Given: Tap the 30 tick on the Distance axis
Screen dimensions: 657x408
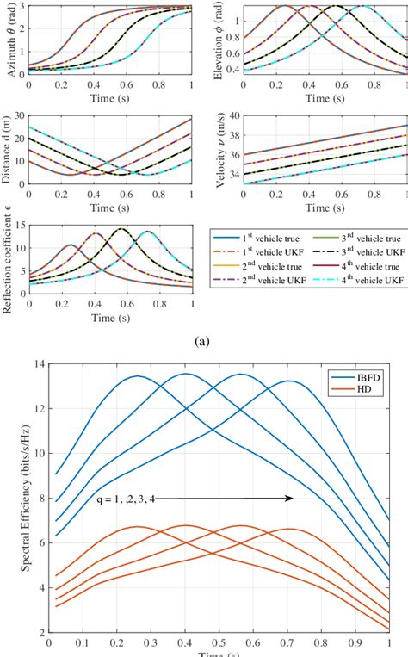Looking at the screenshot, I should [19, 117].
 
